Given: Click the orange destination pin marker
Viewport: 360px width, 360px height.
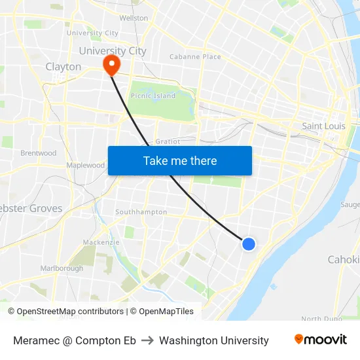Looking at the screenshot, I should tap(111, 63).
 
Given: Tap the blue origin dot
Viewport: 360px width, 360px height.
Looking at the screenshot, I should tap(249, 243).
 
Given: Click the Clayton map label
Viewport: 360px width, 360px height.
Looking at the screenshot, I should tap(63, 67).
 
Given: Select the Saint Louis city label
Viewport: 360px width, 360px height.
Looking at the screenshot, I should tap(323, 126).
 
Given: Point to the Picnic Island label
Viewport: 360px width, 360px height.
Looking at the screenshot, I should tap(153, 96).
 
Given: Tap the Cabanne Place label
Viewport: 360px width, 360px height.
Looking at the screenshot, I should tap(195, 57).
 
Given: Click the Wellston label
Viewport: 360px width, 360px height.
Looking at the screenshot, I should tap(134, 18).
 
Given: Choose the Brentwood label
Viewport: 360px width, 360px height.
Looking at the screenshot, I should tap(39, 153).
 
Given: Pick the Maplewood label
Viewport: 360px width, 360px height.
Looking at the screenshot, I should tap(86, 166).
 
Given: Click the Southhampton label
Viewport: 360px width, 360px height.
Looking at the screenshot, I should tap(141, 212).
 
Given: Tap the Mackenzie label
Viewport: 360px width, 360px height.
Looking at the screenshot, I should tap(101, 242).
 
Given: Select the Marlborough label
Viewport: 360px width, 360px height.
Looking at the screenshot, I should tap(62, 268).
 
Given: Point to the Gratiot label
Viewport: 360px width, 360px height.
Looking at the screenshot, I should tap(168, 141).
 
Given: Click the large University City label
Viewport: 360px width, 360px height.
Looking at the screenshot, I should tap(113, 50).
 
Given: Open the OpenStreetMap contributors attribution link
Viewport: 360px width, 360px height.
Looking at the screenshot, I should tap(69, 312).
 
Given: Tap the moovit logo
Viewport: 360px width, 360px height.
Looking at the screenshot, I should tap(321, 340).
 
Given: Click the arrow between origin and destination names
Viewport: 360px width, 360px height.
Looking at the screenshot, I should tap(147, 340).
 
